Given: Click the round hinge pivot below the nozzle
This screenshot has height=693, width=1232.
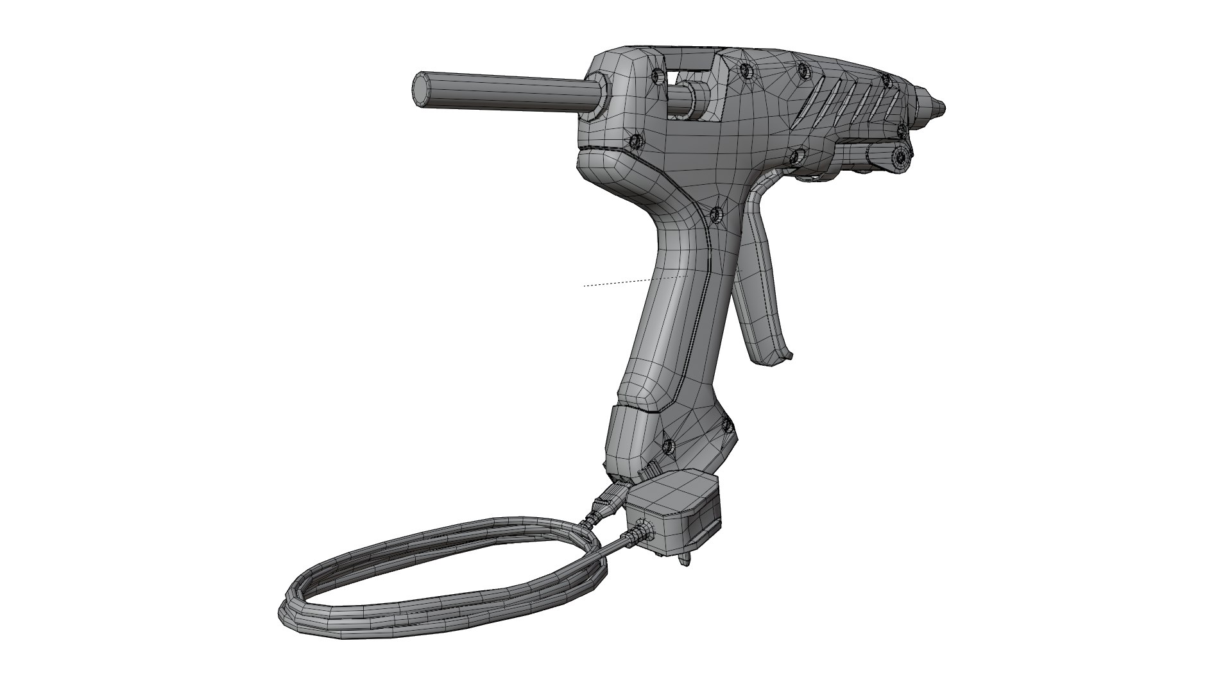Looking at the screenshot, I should tap(900, 156).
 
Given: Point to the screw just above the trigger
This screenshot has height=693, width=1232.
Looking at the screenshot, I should tap(796, 155).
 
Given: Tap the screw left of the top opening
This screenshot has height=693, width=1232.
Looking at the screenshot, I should tap(656, 76).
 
